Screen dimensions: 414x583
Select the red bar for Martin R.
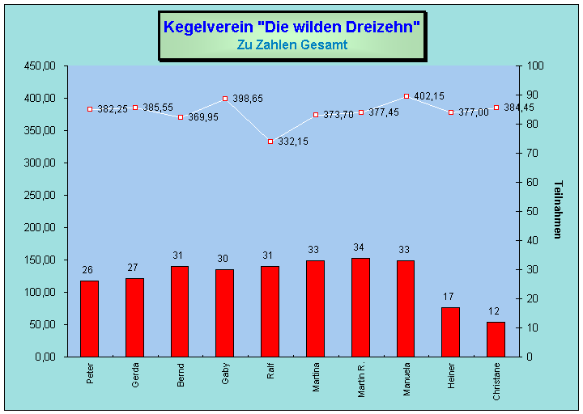(360, 307)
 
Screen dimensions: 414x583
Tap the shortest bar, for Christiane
(496, 339)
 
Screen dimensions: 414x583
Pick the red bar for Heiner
(450, 332)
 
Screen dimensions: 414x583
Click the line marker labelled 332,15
(270, 141)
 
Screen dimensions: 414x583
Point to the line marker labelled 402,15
(406, 96)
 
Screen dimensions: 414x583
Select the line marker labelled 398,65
(225, 99)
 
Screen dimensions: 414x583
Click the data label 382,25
(113, 109)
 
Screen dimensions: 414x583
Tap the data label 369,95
(203, 117)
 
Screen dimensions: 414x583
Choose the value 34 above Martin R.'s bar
(360, 247)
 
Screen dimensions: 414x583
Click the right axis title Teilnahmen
(557, 209)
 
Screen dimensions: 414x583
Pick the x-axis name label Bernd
(181, 377)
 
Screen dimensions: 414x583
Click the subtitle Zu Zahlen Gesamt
(291, 45)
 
